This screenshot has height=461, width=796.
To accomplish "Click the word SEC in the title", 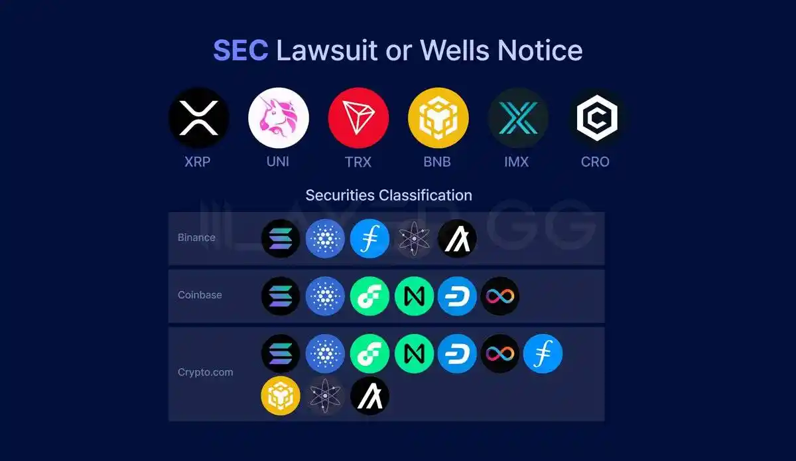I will pyautogui.click(x=240, y=50).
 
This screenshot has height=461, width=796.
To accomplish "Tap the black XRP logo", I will pyautogui.click(x=198, y=118).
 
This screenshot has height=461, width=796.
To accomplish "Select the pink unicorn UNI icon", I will pyautogui.click(x=278, y=118).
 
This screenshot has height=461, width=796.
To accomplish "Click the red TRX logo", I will pyautogui.click(x=358, y=118).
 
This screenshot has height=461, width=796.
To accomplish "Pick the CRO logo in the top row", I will pyautogui.click(x=596, y=118).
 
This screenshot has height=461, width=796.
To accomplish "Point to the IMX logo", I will pyautogui.click(x=517, y=118).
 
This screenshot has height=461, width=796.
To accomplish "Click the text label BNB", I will pyautogui.click(x=438, y=161).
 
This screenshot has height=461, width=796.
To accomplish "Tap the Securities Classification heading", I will pyautogui.click(x=389, y=195).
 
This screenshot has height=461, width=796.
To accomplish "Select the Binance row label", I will pyautogui.click(x=196, y=238).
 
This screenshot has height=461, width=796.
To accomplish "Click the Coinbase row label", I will pyautogui.click(x=200, y=295).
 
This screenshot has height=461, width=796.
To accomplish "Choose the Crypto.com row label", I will pyautogui.click(x=206, y=373).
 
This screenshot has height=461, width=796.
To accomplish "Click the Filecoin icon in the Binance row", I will pyautogui.click(x=369, y=238).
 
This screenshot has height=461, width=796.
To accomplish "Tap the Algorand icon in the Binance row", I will pyautogui.click(x=457, y=238).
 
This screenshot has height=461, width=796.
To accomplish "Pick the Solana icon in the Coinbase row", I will pyautogui.click(x=281, y=296).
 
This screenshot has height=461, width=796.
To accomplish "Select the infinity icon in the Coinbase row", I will pyautogui.click(x=499, y=296).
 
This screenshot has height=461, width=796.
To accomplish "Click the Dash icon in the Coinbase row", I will pyautogui.click(x=457, y=296).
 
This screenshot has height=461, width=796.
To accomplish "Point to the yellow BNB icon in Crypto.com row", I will pyautogui.click(x=281, y=395).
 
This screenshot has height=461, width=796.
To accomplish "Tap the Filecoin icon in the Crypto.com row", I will pyautogui.click(x=543, y=353).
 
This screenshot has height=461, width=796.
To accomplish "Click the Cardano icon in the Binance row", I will pyautogui.click(x=325, y=238).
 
